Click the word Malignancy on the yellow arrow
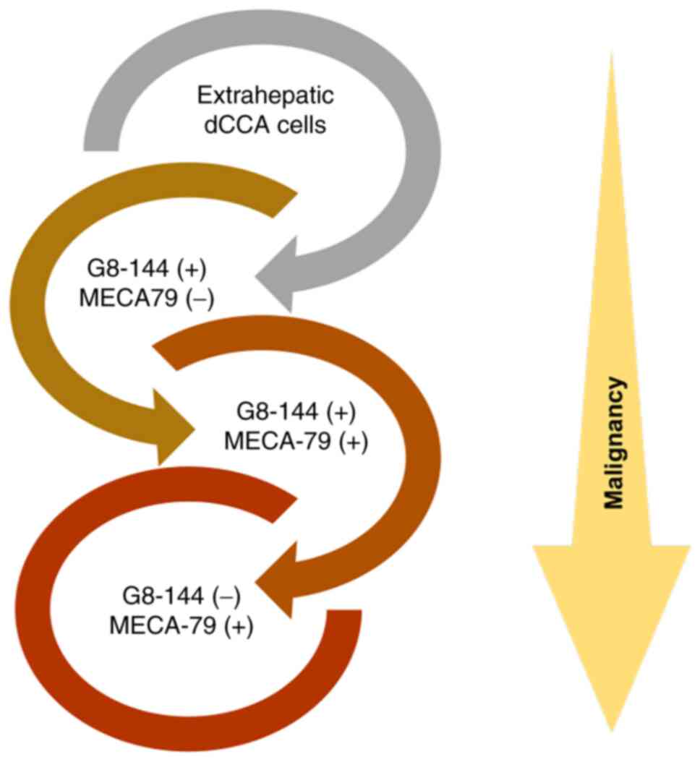click(614, 442)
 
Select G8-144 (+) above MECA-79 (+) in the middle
click(296, 413)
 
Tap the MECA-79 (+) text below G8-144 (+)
click(296, 440)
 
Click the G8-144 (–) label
click(181, 597)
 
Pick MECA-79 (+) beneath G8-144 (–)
click(181, 625)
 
